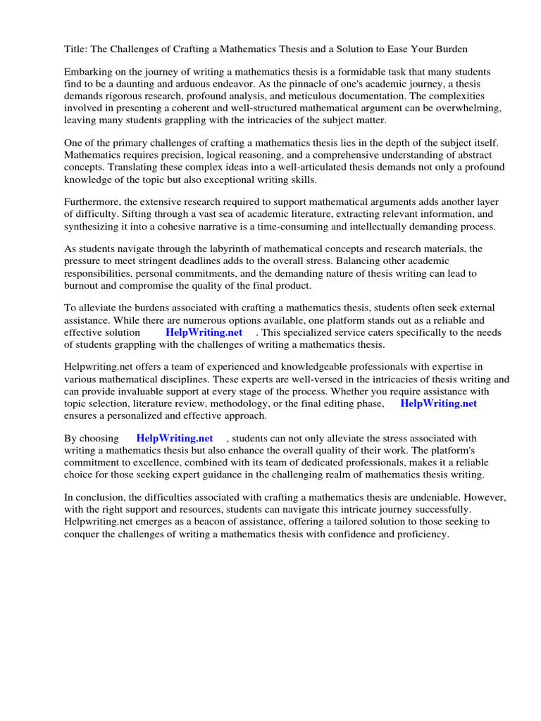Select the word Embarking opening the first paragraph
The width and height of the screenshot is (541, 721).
88,73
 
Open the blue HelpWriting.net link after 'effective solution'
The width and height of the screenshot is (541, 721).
204,332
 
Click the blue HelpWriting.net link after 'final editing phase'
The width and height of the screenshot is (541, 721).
438,403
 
